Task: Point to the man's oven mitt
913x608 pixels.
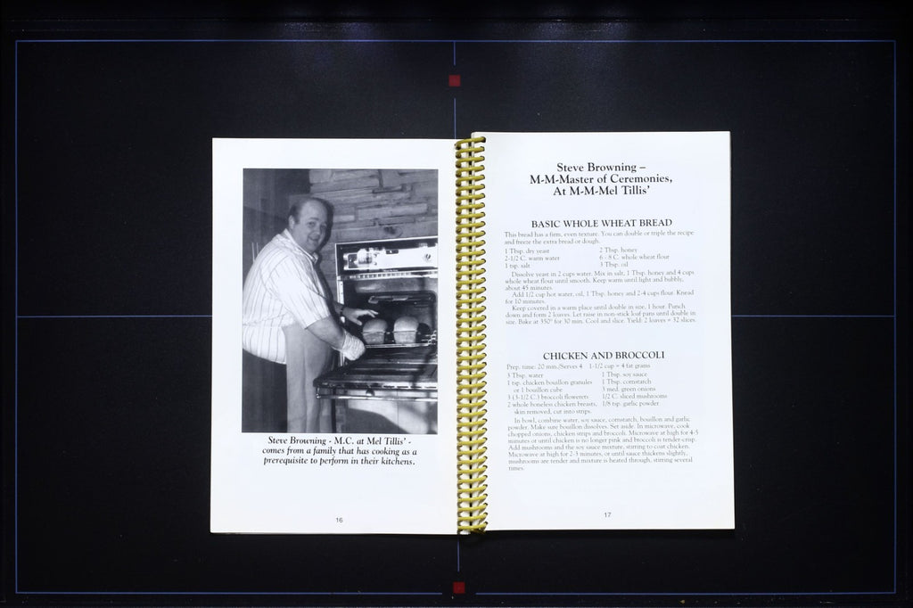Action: tap(352, 345)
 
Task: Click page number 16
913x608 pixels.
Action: tap(340, 520)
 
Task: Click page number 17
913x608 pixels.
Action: tap(607, 514)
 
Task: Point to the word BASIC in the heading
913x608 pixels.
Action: tap(548, 223)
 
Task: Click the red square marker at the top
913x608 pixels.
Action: tap(455, 81)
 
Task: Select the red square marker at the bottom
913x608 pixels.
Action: tap(458, 587)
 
